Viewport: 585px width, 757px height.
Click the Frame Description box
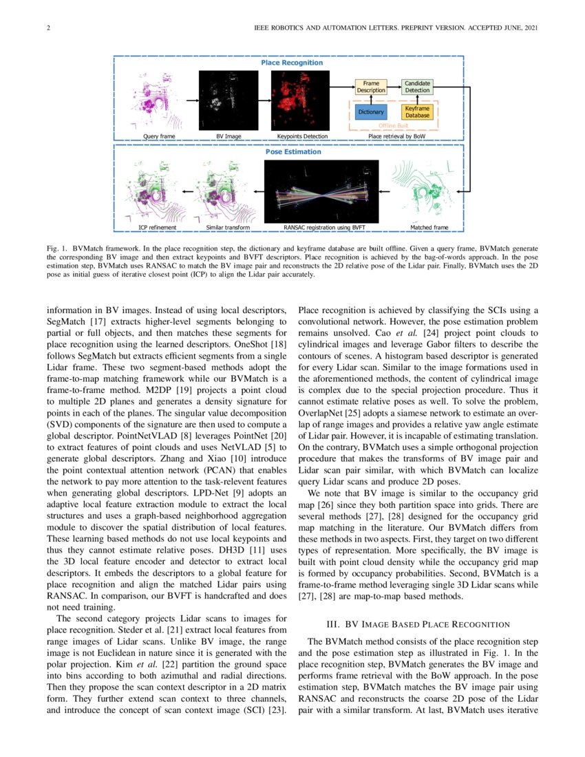[x=371, y=87]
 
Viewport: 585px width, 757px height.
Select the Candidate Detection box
[x=417, y=87]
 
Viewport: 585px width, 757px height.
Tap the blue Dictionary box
[x=371, y=111]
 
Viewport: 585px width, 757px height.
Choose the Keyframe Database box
[x=417, y=111]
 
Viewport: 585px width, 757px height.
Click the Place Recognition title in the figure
[x=292, y=63]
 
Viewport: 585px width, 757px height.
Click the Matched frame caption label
[x=429, y=227]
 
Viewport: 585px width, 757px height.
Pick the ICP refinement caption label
[x=158, y=227]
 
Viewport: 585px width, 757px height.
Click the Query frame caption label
[x=158, y=136]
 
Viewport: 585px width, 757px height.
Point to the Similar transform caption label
[x=228, y=227]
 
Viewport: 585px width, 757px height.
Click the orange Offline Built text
[x=394, y=126]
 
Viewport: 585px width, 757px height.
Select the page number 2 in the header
[x=48, y=28]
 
